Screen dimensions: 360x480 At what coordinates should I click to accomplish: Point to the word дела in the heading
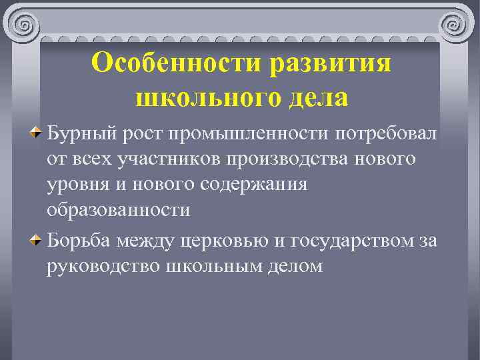317,98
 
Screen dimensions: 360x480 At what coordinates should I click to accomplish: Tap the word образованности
119,209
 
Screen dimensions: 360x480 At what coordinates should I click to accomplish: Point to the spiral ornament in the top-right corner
457,25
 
